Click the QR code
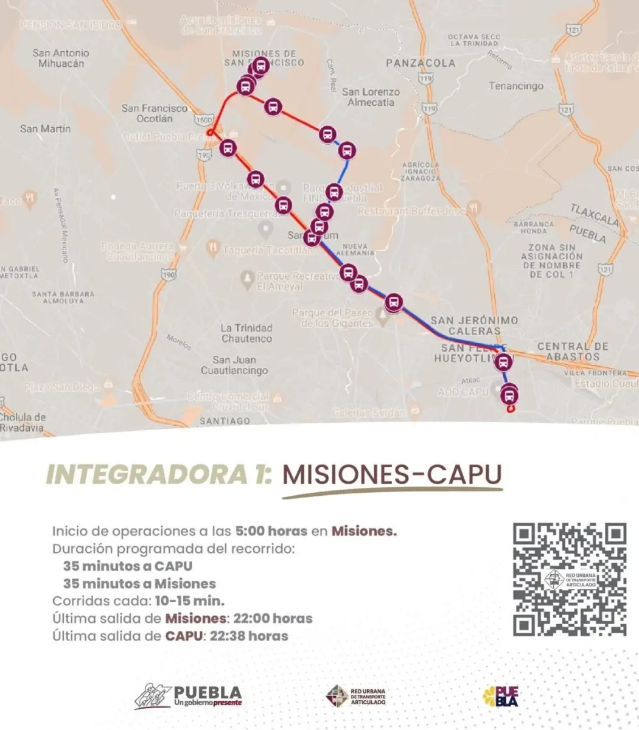tap(569, 580)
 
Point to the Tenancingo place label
tap(516, 86)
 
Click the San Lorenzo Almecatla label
tap(371, 97)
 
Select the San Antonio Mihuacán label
tap(61, 58)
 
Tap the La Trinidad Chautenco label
tap(246, 333)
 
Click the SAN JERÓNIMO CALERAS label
tap(474, 325)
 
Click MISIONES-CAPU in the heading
tap(392, 474)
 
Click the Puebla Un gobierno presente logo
tap(189, 696)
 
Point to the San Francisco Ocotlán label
tap(155, 113)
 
